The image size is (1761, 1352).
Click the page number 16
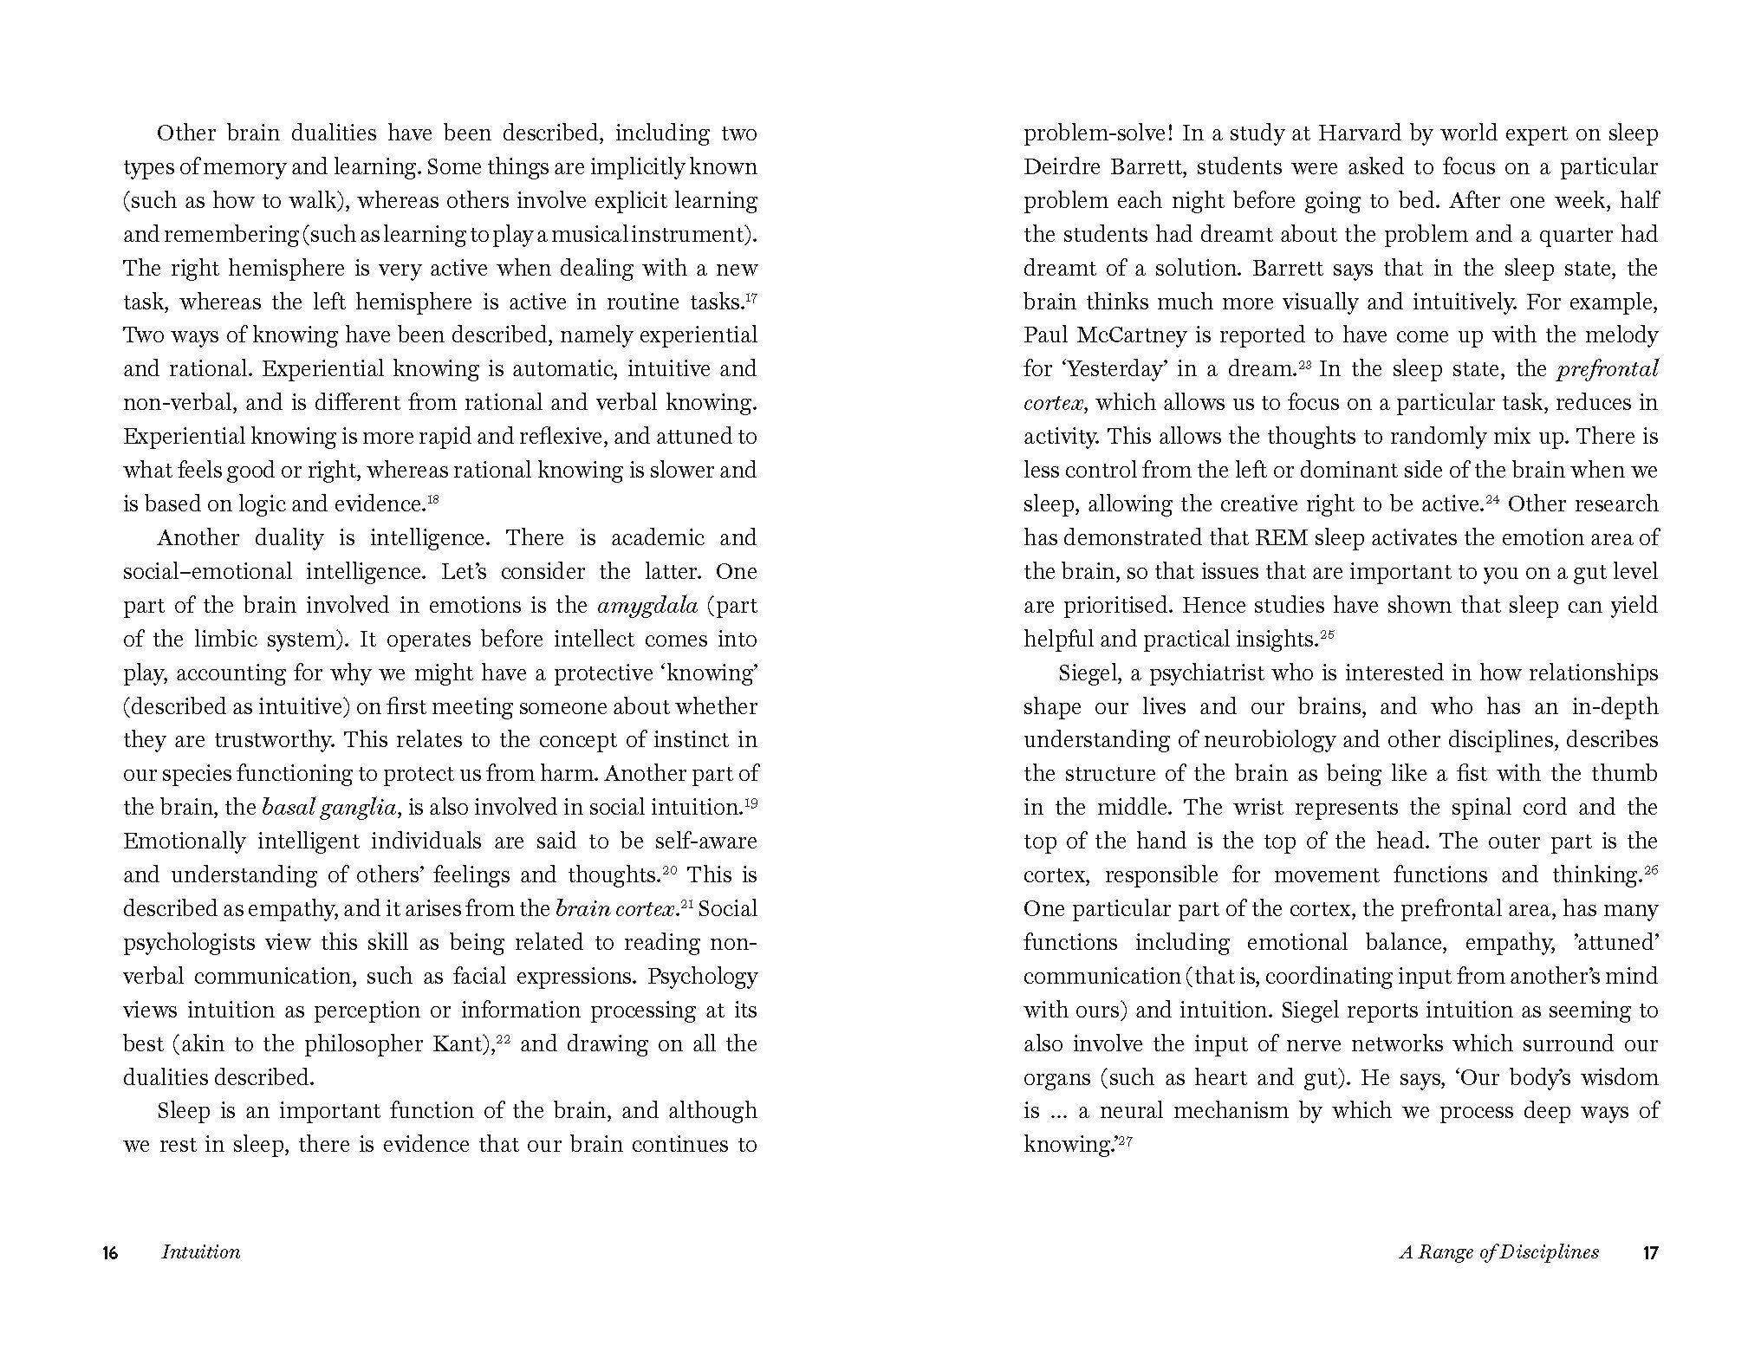[110, 1252]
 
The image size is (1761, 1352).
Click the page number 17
[1650, 1252]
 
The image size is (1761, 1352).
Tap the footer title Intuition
[201, 1252]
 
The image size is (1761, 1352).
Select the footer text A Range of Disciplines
[1499, 1252]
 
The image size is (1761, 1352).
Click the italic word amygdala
[647, 606]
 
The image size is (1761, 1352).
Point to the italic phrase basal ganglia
[329, 808]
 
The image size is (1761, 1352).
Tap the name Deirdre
[1060, 167]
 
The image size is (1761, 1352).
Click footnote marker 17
[751, 296]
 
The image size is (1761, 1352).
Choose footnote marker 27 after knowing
[1125, 1140]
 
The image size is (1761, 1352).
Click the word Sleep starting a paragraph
[184, 1111]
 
